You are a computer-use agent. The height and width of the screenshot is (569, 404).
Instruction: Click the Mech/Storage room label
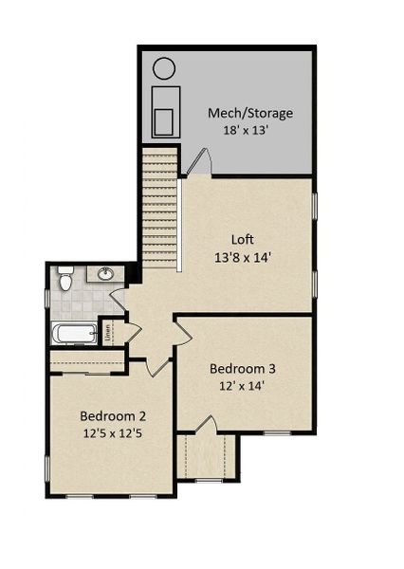pos(250,113)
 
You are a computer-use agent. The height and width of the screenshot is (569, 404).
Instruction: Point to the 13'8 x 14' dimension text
pos(244,256)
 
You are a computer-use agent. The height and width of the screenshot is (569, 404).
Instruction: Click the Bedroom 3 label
pos(243,368)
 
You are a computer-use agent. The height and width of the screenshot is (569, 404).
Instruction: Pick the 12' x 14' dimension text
pos(243,385)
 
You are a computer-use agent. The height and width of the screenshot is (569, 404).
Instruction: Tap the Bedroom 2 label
pos(112,415)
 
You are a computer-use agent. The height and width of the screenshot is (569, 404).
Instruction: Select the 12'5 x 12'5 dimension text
pos(112,432)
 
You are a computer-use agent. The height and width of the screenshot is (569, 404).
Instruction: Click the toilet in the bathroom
pos(65,280)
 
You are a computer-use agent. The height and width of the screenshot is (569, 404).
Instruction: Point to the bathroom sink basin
pos(105,275)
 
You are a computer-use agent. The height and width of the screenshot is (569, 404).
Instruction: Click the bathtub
pos(74,333)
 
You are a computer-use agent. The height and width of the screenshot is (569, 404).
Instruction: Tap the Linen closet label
pos(108,333)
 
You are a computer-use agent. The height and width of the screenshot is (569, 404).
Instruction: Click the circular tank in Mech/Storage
pos(164,68)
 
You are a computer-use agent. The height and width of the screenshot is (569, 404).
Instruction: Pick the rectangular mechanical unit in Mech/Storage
pos(165,111)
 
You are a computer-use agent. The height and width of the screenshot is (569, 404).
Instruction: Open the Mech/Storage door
pos(196,163)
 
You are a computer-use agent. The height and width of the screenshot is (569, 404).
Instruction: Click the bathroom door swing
pos(118,302)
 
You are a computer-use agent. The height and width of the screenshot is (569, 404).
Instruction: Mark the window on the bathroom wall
pos(46,298)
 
